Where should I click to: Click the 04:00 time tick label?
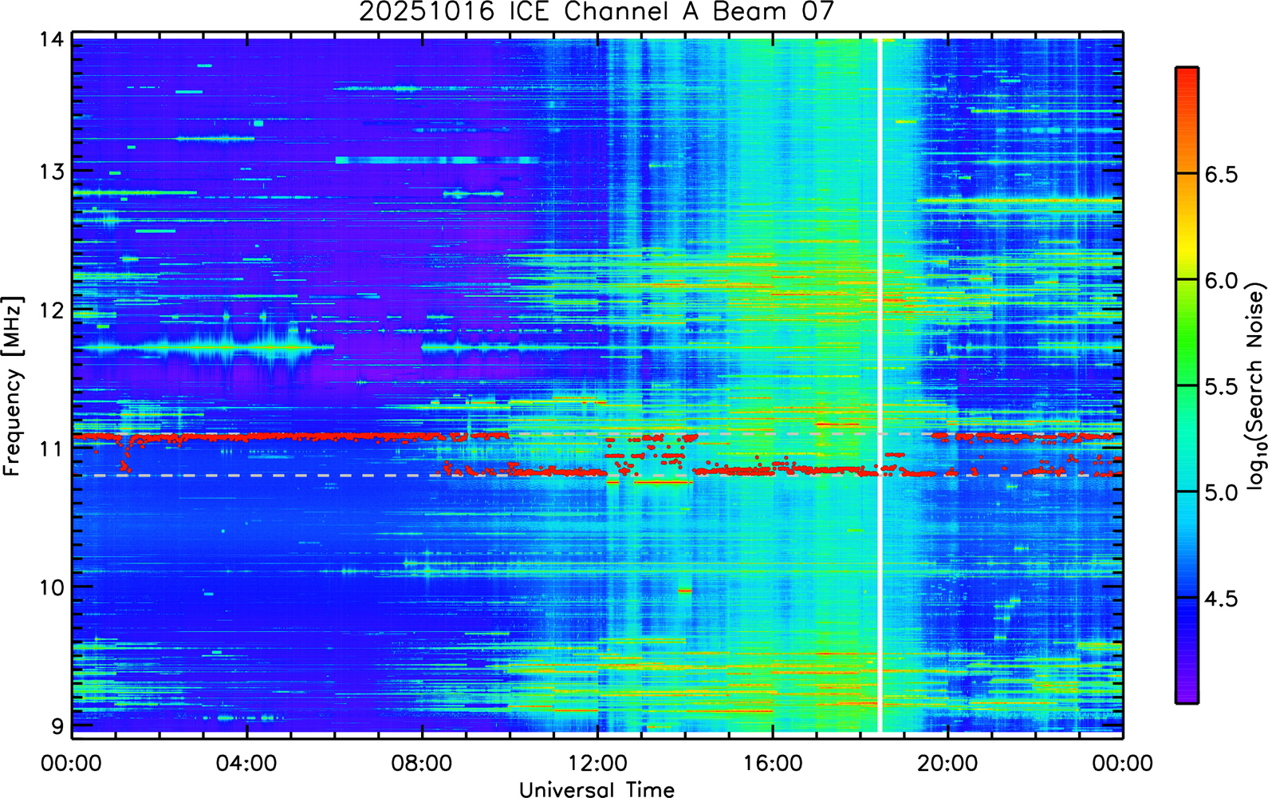click(x=246, y=763)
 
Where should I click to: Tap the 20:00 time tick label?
click(x=947, y=763)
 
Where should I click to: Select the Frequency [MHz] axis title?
click(x=14, y=386)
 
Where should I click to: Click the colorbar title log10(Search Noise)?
click(x=1255, y=386)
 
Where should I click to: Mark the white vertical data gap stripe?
click(x=880, y=385)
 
